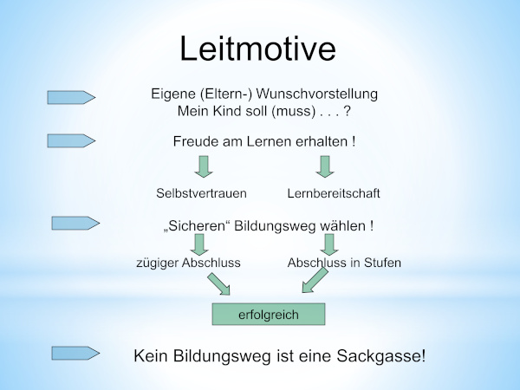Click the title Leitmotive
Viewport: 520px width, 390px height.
click(257, 49)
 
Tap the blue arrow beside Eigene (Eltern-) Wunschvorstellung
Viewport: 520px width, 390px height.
click(70, 98)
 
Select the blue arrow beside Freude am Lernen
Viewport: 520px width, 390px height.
click(70, 140)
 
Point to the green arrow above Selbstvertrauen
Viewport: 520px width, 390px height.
click(205, 166)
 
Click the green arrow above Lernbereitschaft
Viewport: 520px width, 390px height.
click(325, 166)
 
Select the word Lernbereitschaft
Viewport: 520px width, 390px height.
click(334, 192)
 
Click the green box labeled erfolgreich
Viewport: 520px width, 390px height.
click(269, 315)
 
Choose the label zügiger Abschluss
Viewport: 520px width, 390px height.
click(188, 262)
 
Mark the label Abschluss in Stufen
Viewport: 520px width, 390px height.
click(344, 262)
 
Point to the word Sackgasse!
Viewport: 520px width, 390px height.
click(385, 356)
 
